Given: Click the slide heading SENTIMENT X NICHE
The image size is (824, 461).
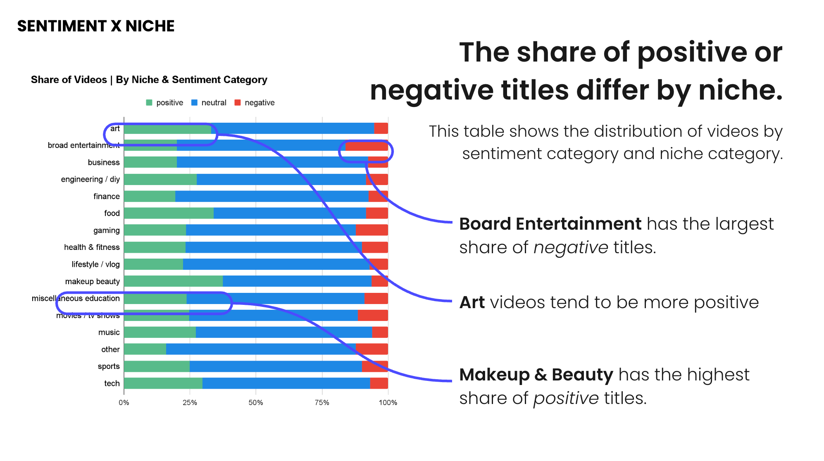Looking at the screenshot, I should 96,26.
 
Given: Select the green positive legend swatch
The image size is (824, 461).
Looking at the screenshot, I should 149,102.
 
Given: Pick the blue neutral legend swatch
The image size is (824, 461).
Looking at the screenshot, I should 194,102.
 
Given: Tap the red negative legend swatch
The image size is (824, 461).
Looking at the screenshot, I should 238,102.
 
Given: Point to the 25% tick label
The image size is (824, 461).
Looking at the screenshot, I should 190,402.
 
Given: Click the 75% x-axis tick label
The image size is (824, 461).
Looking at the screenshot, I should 322,402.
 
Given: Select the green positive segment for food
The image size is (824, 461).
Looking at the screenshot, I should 169,213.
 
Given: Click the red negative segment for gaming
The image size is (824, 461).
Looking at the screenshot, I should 372,230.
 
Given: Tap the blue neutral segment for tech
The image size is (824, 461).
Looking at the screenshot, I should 286,383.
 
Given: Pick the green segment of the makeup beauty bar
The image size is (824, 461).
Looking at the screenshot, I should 173,281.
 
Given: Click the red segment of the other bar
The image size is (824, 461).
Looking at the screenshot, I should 372,349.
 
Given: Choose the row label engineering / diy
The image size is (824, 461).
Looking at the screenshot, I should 90,179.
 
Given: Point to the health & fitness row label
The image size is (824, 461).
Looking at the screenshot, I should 92,247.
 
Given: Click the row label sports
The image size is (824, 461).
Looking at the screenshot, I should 109,366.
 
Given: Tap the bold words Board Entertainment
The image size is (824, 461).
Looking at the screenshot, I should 550,224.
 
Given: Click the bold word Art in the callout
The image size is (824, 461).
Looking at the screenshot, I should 472,302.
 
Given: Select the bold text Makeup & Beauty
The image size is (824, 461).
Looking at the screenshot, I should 536,375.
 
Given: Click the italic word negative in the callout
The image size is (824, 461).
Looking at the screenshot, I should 571,247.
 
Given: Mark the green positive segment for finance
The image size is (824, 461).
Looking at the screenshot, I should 150,196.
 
